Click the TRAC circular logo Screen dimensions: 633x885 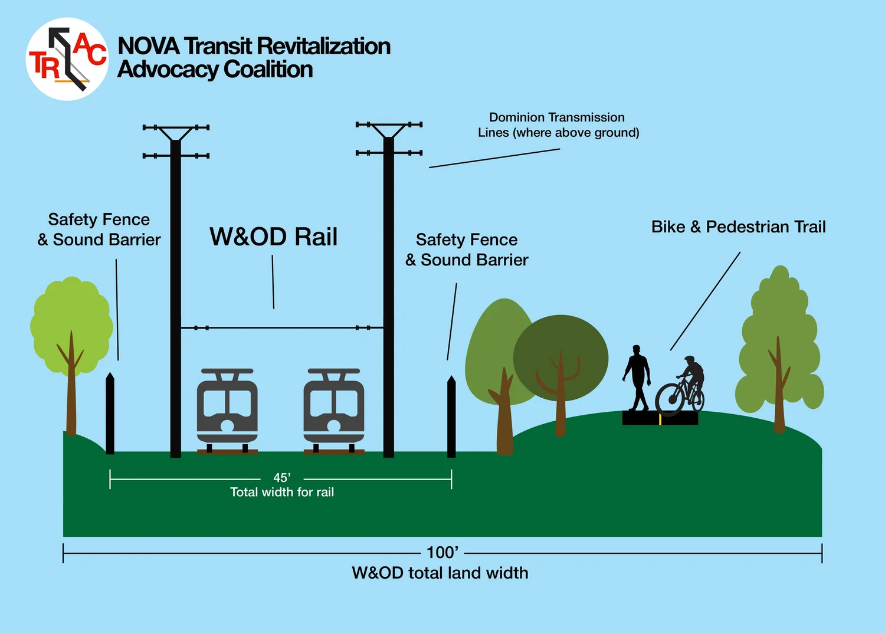[67, 59]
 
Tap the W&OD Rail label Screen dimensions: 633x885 [273, 237]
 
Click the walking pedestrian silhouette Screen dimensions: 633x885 [637, 378]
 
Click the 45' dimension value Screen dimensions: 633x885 [282, 478]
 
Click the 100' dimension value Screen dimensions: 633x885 [442, 553]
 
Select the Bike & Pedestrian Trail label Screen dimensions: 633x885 [738, 227]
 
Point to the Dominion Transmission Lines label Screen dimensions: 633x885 [558, 125]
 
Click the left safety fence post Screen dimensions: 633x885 [110, 413]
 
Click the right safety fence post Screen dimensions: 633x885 [451, 416]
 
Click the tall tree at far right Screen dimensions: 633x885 [779, 342]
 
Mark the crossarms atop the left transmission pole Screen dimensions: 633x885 [176, 142]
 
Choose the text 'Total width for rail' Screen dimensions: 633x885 [282, 492]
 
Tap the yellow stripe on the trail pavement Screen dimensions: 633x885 [660, 419]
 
